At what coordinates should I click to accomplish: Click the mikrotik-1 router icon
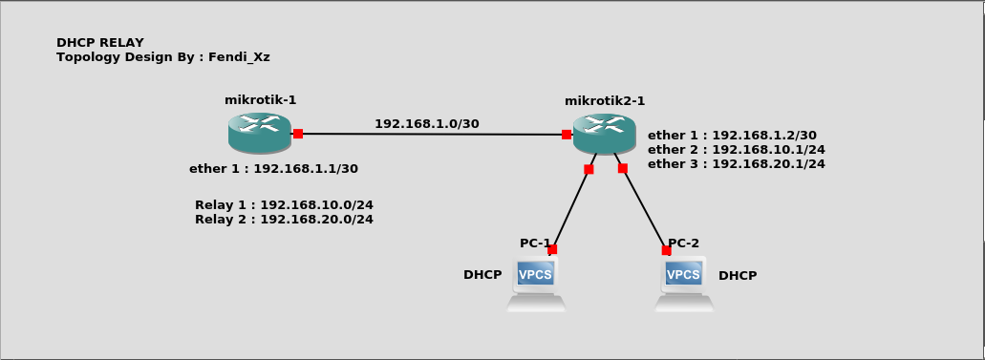[x=259, y=132]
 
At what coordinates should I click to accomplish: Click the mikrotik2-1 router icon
[x=604, y=133]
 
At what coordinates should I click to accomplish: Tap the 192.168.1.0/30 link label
[x=426, y=123]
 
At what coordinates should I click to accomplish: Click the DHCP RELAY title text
[x=100, y=43]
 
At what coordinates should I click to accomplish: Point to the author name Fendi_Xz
[x=239, y=57]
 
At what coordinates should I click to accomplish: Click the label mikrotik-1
[x=260, y=99]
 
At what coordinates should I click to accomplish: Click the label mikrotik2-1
[x=604, y=100]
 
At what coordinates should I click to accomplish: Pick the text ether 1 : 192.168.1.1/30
[x=273, y=169]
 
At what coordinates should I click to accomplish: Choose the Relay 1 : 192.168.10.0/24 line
[x=284, y=204]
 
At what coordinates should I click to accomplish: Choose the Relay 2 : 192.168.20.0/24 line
[x=284, y=219]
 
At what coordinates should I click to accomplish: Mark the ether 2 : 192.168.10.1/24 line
[x=736, y=150]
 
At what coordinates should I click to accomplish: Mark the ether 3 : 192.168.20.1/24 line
[x=736, y=164]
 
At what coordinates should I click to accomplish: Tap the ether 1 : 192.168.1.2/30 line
[x=732, y=136]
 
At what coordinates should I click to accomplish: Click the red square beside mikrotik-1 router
[x=298, y=134]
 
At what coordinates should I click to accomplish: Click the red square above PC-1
[x=552, y=249]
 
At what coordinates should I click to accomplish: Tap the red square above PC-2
[x=666, y=250]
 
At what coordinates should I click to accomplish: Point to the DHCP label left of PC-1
[x=482, y=275]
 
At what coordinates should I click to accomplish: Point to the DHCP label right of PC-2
[x=738, y=276]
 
